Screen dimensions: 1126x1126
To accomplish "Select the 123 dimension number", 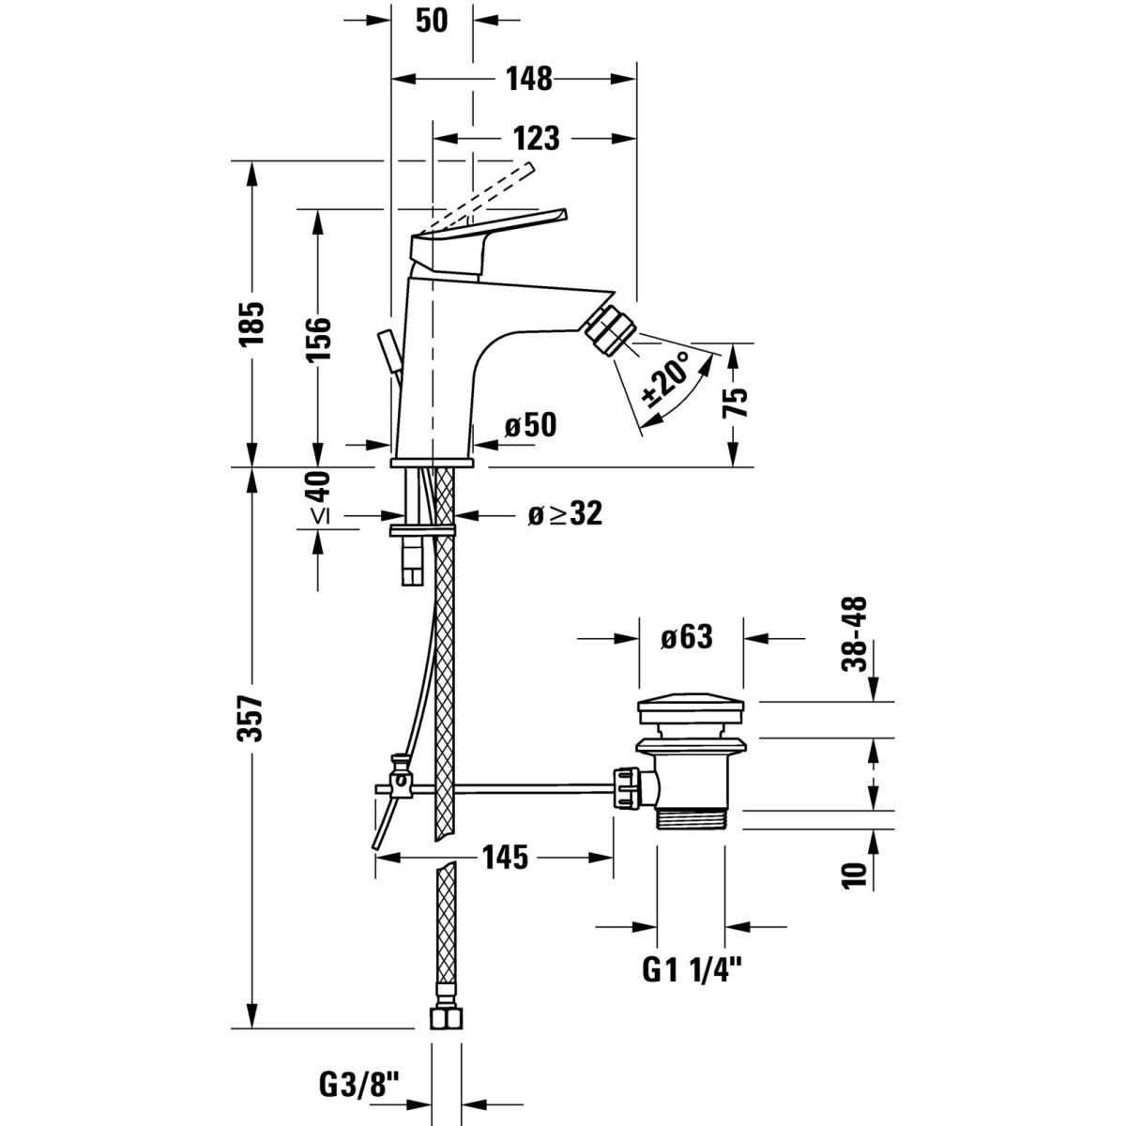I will click(538, 138).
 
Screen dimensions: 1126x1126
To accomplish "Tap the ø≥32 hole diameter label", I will click(564, 513).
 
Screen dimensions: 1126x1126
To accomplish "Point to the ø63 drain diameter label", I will click(687, 638).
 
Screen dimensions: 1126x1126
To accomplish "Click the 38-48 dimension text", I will click(855, 636).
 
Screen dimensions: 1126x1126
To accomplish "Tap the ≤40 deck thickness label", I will click(320, 497).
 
